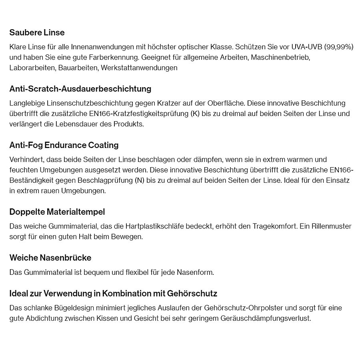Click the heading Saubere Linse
(37, 32)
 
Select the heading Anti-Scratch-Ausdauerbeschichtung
(80, 89)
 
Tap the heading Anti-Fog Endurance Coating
(64, 145)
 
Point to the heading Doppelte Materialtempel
(57, 212)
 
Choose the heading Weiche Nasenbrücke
(50, 258)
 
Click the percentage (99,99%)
(339, 47)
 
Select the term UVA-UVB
(307, 47)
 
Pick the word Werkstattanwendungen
(139, 68)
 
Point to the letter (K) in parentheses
(195, 114)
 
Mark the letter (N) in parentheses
(140, 180)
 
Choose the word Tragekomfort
(274, 226)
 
